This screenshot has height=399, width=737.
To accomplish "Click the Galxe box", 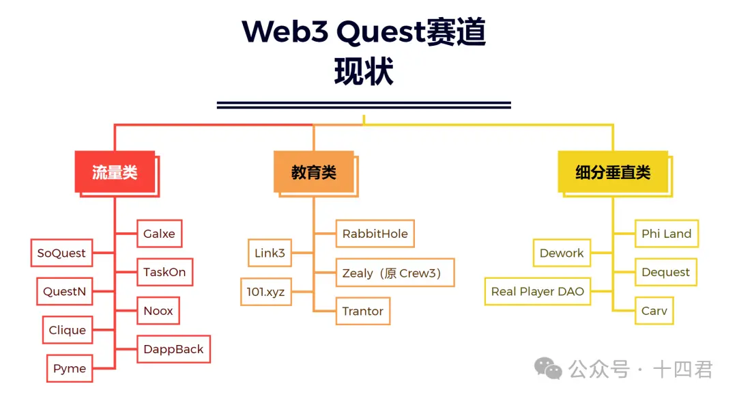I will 159,234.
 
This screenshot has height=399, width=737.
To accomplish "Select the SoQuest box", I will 61,253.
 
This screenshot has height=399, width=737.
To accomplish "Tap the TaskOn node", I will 164,272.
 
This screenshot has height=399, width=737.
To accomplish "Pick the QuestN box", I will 64,292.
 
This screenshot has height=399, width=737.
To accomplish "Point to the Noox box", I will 158,311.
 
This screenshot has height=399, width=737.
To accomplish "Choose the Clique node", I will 67,330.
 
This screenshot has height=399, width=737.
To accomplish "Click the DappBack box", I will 173,349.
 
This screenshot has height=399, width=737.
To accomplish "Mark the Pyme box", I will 70,369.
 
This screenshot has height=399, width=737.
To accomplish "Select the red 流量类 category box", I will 115,171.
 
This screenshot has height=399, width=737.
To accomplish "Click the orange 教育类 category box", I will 313,171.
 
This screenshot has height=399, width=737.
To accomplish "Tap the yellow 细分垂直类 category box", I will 612,171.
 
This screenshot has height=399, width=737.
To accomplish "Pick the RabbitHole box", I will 375,234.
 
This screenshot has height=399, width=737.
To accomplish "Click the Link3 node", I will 270,253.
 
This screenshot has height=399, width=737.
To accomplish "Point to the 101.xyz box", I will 265,292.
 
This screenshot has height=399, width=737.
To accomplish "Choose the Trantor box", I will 362,311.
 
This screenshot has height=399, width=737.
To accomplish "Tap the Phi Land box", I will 666,234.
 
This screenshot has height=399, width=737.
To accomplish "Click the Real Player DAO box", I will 538,291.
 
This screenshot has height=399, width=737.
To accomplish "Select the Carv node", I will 654,311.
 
